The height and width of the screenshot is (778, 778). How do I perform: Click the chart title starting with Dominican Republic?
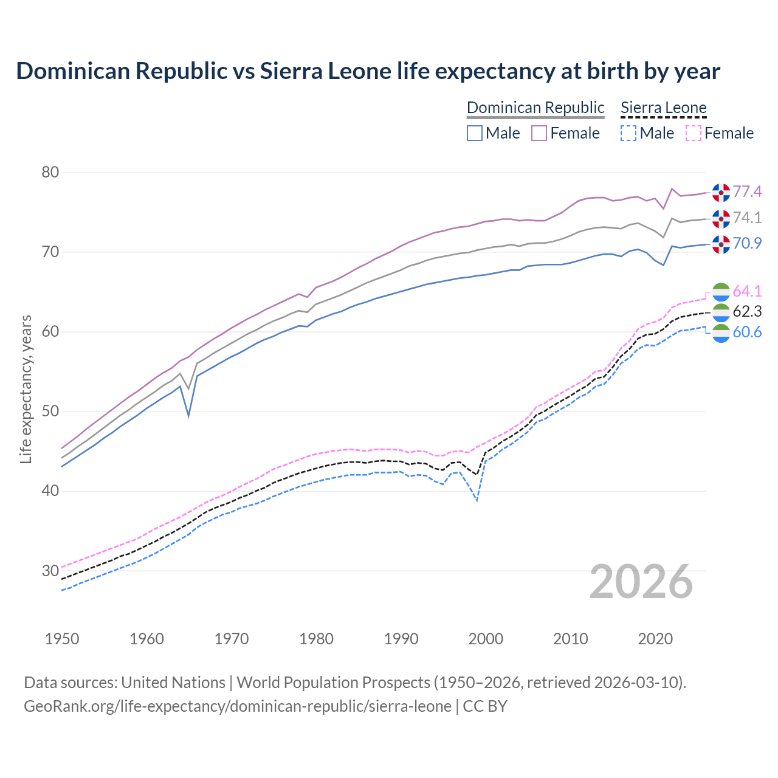[368, 71]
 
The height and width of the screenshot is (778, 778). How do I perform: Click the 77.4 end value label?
[747, 192]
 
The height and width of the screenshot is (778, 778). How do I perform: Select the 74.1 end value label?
[747, 218]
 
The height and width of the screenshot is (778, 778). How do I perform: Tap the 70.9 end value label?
[747, 244]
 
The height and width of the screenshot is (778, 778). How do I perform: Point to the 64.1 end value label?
[747, 292]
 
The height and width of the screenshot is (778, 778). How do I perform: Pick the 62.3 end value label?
[747, 312]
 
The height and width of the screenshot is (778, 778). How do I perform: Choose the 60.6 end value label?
[747, 332]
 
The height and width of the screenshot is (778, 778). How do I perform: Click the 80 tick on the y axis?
[50, 173]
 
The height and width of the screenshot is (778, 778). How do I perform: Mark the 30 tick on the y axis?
[50, 571]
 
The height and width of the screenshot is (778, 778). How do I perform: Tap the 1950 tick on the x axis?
[62, 639]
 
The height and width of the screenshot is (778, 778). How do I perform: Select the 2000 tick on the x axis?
[486, 639]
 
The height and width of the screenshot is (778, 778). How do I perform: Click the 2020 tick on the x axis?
[655, 639]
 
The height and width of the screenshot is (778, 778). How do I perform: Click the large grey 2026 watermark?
[641, 582]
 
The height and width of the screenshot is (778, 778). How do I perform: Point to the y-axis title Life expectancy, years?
[26, 389]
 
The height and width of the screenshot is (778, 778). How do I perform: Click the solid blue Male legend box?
[475, 133]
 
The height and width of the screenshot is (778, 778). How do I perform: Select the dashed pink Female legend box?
[694, 133]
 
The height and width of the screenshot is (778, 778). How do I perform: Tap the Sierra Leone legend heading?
[664, 108]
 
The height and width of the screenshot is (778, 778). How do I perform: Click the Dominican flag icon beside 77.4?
[721, 192]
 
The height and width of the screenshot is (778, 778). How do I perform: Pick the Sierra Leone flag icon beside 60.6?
[721, 333]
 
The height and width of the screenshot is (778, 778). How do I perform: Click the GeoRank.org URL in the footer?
[237, 706]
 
